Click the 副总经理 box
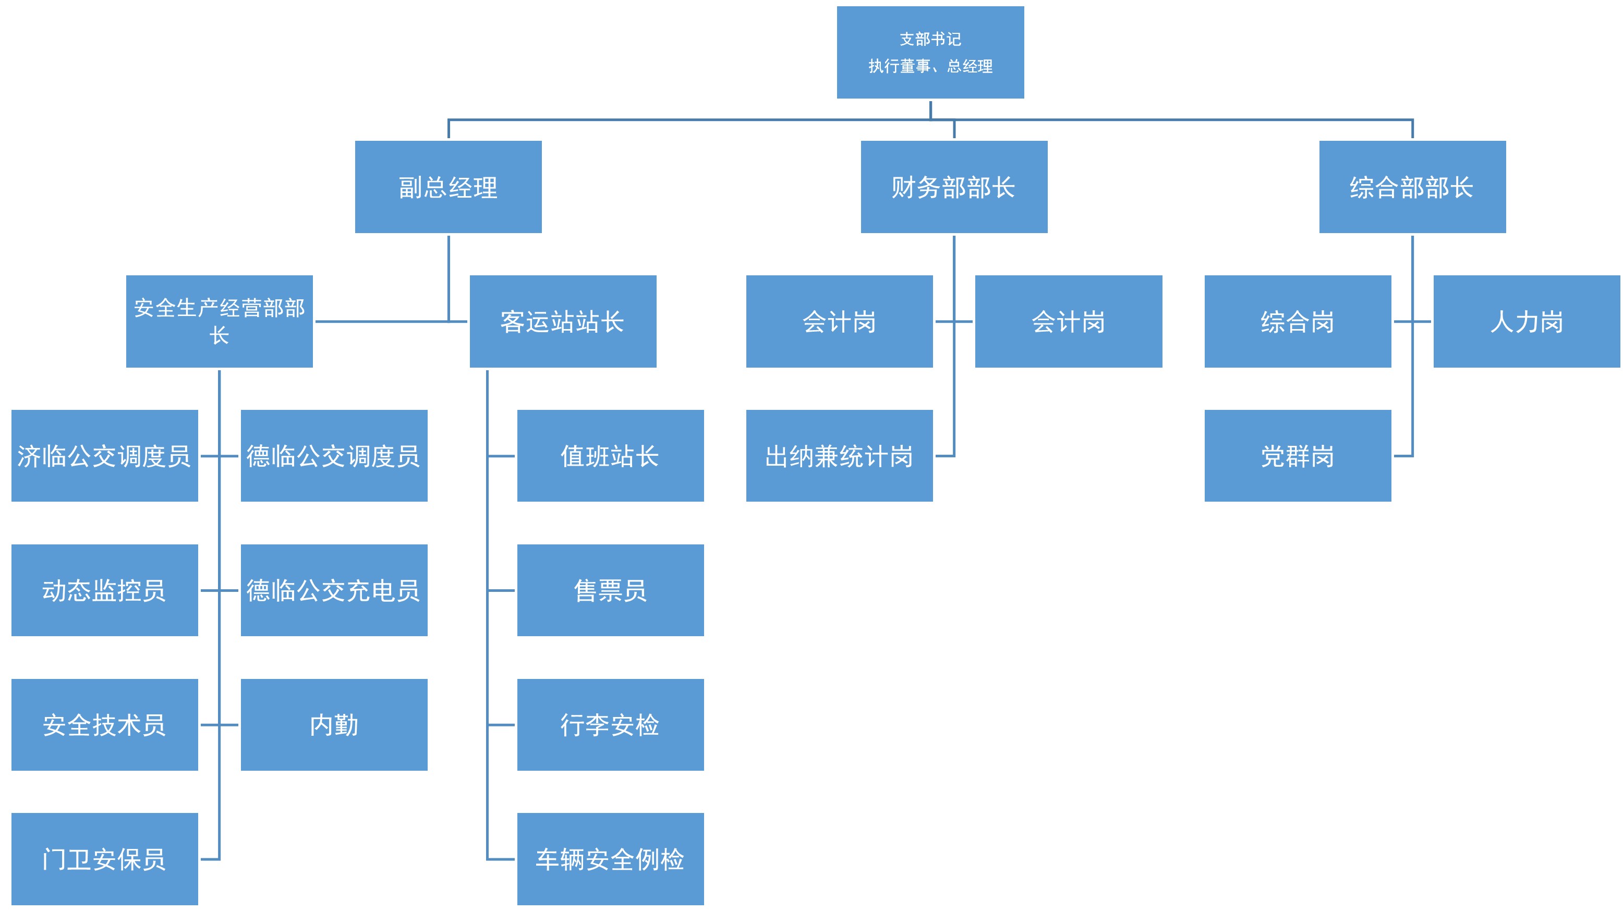448,187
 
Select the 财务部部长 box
953,187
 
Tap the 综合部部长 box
1412,187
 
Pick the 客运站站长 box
563,321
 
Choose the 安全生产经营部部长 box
219,321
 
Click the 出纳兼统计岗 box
839,456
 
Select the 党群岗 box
1297,456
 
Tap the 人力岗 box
1526,321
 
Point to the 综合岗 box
1297,321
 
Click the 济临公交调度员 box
105,456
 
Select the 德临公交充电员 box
334,590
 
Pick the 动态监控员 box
105,590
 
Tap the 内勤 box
334,724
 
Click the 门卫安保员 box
105,859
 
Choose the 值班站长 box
610,456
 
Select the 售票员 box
610,590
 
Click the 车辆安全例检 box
610,859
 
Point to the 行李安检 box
610,724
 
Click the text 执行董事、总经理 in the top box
930,66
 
